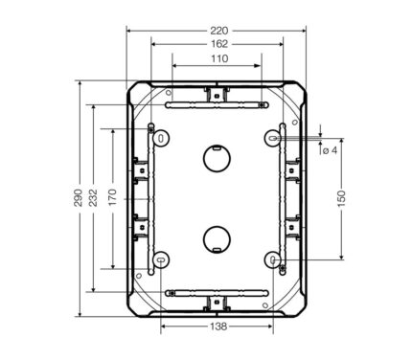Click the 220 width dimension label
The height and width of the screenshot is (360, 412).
tap(219, 31)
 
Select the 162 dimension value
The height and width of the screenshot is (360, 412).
tap(219, 44)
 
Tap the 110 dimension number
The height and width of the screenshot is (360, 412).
tap(219, 58)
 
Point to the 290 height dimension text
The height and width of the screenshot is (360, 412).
tap(79, 198)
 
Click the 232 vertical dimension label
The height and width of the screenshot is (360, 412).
tap(93, 198)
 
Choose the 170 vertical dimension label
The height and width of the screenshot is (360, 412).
tap(113, 197)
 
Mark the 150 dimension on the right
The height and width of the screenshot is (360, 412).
tap(341, 198)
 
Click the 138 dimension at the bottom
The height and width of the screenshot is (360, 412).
tap(218, 326)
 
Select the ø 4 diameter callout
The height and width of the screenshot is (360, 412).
tap(330, 150)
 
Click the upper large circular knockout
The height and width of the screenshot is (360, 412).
tap(217, 158)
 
